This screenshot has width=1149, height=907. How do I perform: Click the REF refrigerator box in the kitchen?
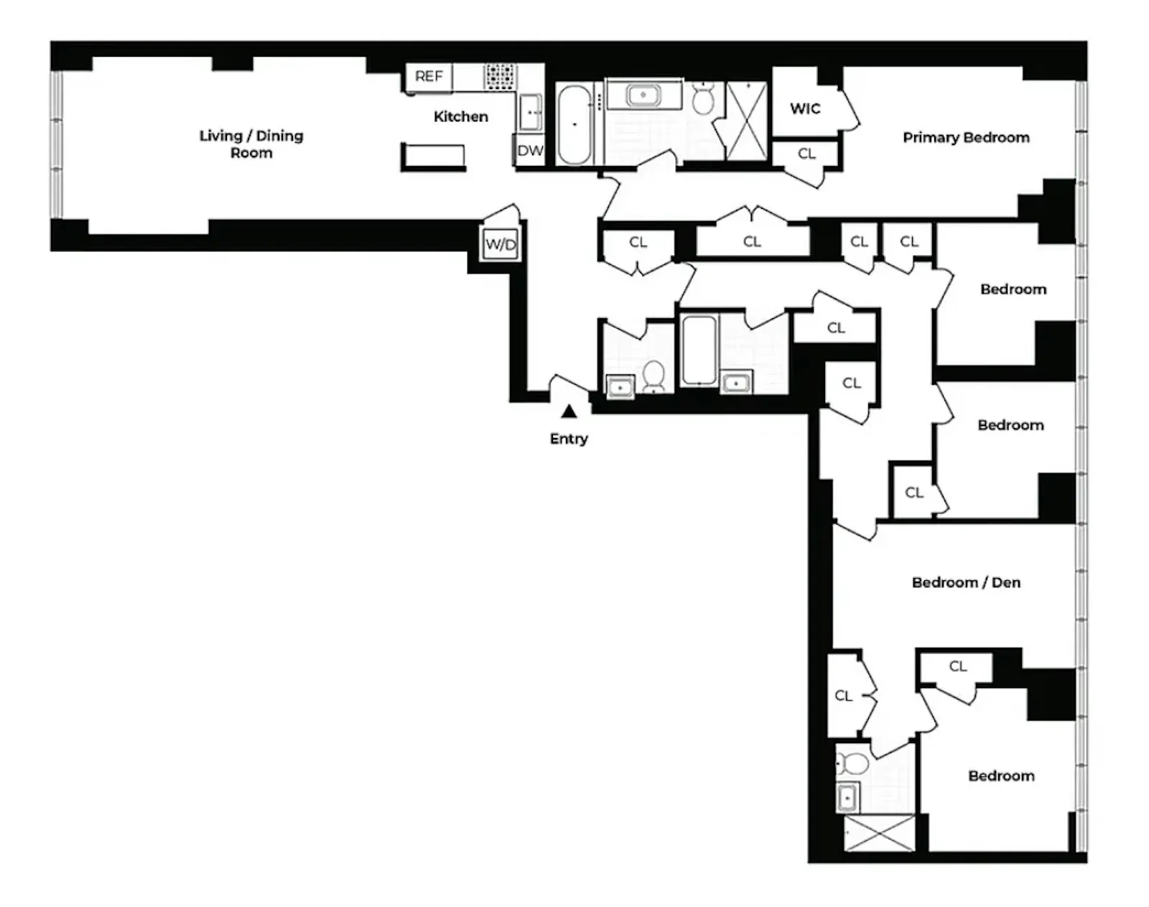[x=429, y=77]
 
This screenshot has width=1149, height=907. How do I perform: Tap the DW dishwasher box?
[x=530, y=151]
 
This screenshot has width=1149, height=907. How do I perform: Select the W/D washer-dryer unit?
[x=501, y=244]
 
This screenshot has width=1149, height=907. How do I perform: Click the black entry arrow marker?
[x=569, y=411]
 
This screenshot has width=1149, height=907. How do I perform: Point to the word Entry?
[x=569, y=439]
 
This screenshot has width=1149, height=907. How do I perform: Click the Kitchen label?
[x=460, y=116]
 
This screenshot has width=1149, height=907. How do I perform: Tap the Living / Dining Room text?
[x=251, y=144]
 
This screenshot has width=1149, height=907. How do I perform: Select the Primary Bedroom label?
[x=966, y=137]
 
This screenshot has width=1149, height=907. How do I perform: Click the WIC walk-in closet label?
[x=804, y=108]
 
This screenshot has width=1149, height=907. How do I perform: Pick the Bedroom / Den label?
[x=966, y=582]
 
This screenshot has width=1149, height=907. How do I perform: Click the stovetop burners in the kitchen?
[x=500, y=77]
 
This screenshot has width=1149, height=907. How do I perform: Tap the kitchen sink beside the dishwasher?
[x=531, y=113]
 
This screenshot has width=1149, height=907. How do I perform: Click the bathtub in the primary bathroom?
[x=574, y=124]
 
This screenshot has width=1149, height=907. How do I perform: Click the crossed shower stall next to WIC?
[x=746, y=121]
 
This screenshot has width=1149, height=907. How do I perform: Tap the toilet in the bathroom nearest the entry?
[x=653, y=376]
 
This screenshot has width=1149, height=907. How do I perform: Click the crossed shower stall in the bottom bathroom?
[x=879, y=833]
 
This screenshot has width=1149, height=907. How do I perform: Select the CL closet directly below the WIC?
[x=806, y=154]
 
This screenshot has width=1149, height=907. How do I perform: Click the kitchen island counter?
[x=434, y=157]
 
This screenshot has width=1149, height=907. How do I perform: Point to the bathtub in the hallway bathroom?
[x=699, y=350]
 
